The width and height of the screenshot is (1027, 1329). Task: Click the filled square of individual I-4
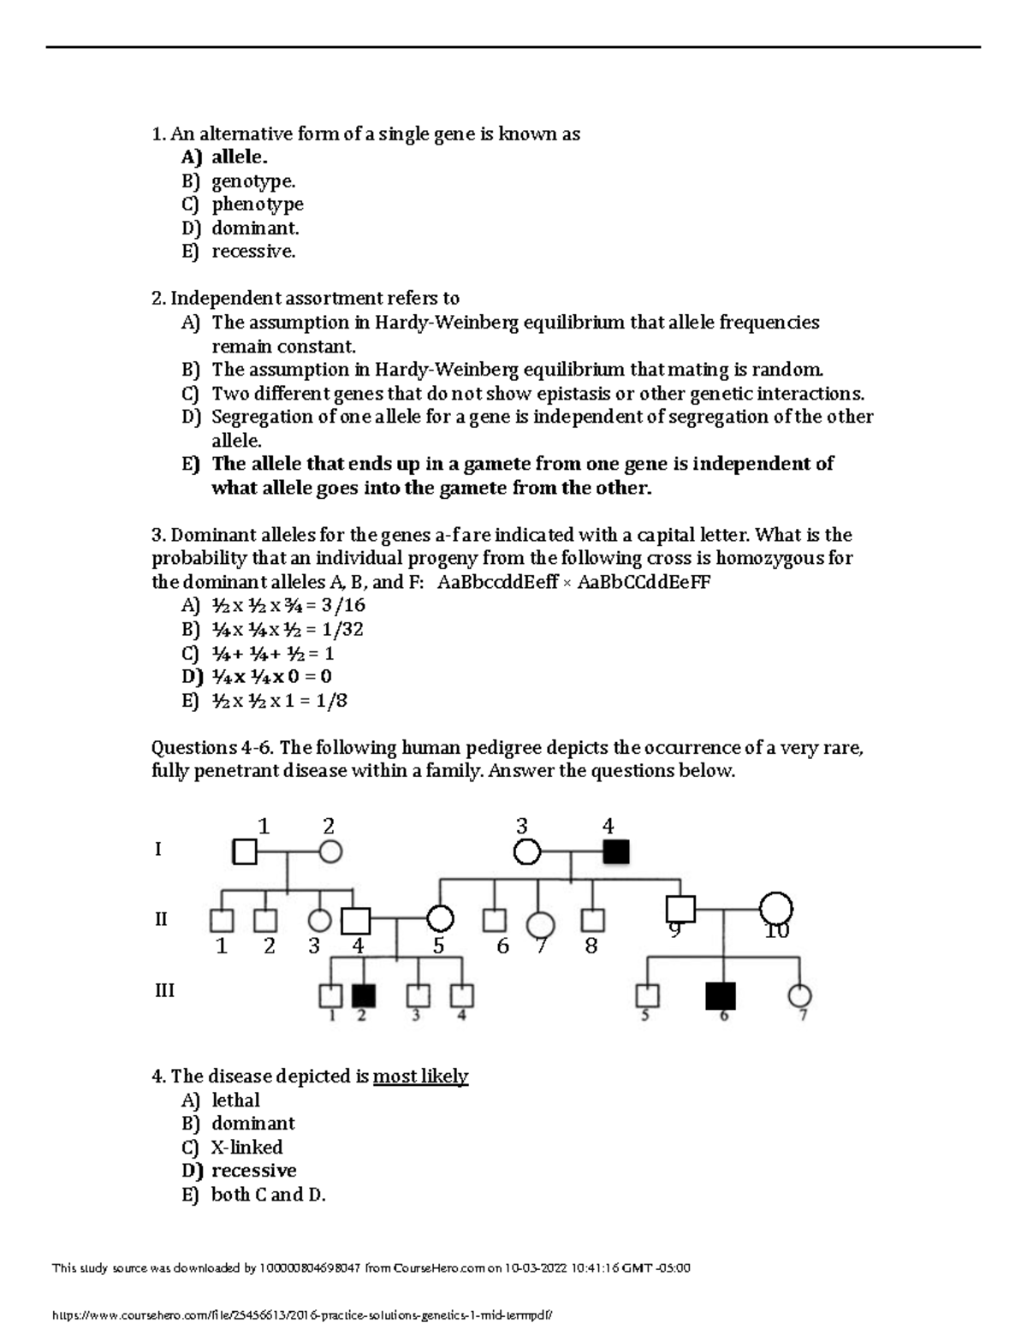coord(616,852)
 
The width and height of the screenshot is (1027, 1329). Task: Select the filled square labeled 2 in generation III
coord(364,996)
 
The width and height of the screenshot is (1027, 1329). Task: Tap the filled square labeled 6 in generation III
coord(721,996)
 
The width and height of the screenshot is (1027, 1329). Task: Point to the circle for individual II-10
coord(775,909)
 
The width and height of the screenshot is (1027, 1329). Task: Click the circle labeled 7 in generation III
coord(800,996)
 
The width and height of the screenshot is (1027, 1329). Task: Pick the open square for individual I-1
coord(245,852)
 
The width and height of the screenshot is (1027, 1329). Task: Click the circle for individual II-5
coord(440,919)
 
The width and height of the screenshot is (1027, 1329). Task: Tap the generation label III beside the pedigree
coord(164,990)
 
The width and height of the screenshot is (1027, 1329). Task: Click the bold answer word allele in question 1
coord(239,157)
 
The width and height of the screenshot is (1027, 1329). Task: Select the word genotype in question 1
coord(252,181)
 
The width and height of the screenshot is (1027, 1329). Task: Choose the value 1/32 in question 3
coord(340,630)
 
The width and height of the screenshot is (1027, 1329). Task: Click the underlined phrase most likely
coord(420,1077)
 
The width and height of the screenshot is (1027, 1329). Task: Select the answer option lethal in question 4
coord(235,1101)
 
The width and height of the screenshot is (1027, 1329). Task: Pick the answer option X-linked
coord(246,1148)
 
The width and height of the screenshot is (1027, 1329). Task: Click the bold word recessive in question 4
coord(253,1171)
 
